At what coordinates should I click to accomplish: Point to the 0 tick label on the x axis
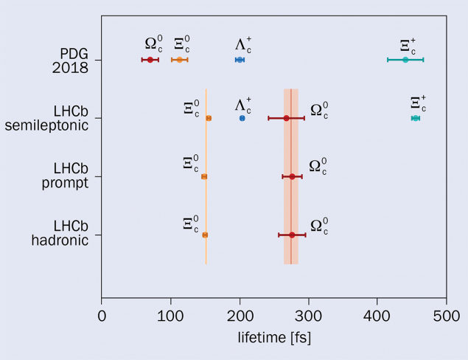(x=102, y=316)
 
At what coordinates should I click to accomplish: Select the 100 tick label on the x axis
(x=171, y=316)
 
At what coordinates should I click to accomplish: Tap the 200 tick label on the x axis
(x=240, y=316)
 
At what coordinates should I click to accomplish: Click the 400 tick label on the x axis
(x=377, y=316)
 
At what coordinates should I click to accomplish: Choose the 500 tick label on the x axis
(x=446, y=316)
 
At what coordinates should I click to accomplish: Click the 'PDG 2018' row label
(x=74, y=60)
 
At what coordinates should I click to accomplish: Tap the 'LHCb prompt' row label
(x=69, y=176)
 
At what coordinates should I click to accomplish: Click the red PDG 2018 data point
(x=150, y=60)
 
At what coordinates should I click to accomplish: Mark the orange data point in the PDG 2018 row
(x=179, y=60)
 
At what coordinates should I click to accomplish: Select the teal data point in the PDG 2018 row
(x=405, y=60)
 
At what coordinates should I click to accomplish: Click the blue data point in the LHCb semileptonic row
(x=242, y=118)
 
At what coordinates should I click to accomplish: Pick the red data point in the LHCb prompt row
(x=292, y=176)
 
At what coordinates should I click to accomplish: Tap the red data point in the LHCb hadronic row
(x=292, y=235)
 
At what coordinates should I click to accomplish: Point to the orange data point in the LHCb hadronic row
(x=205, y=235)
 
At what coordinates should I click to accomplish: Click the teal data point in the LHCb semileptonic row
(x=416, y=118)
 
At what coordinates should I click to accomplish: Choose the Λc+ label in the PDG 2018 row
(x=243, y=44)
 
